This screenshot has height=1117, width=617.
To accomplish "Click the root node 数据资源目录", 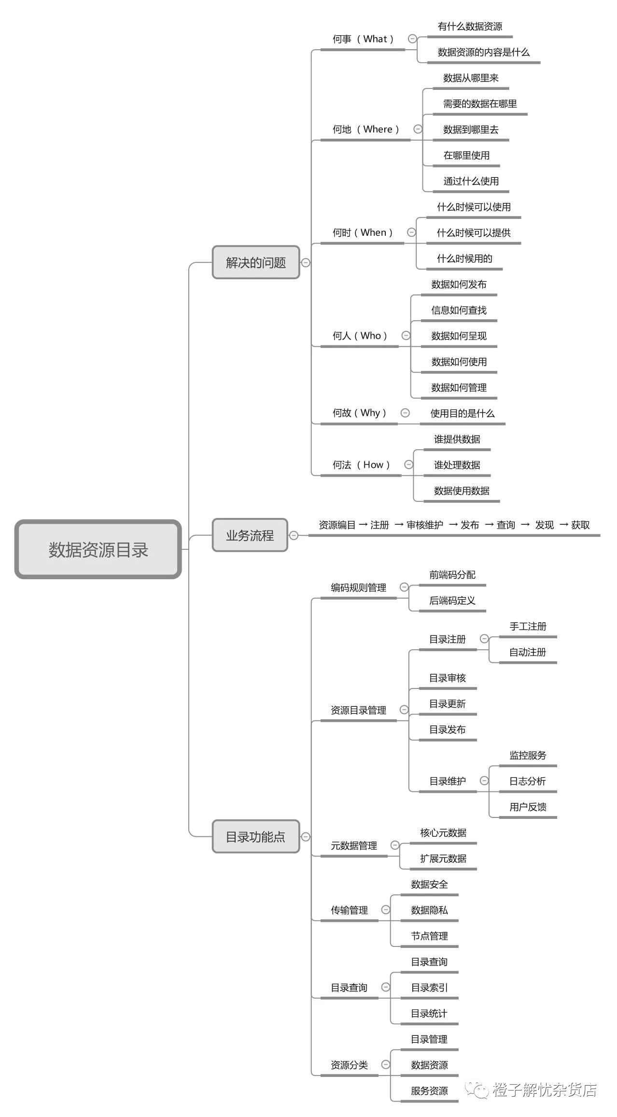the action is pos(98,549).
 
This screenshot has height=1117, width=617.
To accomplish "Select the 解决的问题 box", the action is pos(256,262).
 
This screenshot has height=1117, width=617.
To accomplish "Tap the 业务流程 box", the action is pos(250,535).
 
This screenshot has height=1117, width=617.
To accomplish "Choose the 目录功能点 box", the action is pos(256,836).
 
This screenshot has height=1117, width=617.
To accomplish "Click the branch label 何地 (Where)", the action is pos(366,129).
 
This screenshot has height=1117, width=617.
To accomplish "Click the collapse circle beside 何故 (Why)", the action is pos(406,413).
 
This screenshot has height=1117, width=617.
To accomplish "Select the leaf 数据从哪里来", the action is pos(471,78).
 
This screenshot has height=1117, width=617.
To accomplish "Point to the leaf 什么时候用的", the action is pos(464,258).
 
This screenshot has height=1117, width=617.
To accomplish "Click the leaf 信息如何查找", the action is pos(459,310).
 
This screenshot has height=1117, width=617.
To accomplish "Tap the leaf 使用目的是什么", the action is pos(463,413).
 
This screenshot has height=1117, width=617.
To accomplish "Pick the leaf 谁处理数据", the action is pos(457,465).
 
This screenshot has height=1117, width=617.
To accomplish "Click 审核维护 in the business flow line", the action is pos(425,525).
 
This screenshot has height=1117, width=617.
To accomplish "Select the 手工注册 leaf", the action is pos(528,626).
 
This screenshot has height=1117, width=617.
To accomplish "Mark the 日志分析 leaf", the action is pos(528,781).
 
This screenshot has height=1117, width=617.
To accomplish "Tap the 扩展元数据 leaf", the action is pos(443,859).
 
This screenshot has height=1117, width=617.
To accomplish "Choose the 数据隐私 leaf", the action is pos(429,910).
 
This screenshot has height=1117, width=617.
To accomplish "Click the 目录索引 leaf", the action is pos(429,988).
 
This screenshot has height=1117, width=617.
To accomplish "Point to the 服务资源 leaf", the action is pos(429,1091).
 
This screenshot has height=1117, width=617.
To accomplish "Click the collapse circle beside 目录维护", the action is pos(484,781).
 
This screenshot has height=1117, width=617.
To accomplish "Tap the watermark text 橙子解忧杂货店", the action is pos(545,1090).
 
